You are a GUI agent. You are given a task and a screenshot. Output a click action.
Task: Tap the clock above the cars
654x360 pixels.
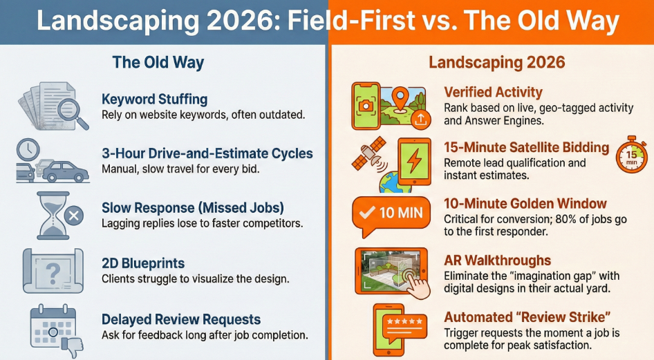28,150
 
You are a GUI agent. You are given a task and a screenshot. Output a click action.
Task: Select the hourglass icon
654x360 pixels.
54,216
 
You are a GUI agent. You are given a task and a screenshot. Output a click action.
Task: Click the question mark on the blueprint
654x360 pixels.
53,272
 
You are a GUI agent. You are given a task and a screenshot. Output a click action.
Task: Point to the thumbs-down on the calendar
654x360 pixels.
72,345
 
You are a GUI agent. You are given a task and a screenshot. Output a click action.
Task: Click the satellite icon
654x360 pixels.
368,155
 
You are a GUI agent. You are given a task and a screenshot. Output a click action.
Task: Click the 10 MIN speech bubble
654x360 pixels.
391,216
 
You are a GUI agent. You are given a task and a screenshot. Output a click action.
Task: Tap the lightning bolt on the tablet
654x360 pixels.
413,161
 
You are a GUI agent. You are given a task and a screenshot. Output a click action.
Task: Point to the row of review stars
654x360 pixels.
404,321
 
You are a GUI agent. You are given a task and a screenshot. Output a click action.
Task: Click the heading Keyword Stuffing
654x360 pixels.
155,100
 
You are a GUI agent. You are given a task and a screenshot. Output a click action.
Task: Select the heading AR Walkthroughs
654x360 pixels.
497,260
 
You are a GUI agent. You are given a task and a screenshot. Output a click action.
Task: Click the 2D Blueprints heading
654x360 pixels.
143,263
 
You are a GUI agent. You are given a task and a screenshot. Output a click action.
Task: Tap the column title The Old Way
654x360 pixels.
158,62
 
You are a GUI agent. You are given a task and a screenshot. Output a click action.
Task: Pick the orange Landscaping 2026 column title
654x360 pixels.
497,62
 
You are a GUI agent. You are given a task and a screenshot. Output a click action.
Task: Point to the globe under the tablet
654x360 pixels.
395,182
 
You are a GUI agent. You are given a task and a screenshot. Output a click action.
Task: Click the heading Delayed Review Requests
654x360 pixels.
181,320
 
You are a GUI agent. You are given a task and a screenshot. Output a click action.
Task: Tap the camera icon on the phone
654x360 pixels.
366,106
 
